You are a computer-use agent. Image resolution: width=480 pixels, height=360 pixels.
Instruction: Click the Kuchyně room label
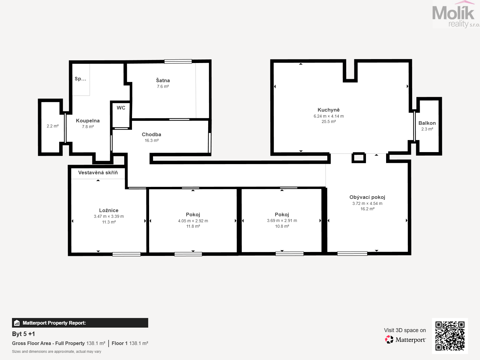coord(328,110)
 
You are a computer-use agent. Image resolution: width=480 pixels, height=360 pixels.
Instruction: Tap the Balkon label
coord(427,123)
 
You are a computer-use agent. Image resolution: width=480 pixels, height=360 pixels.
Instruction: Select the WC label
coord(121,108)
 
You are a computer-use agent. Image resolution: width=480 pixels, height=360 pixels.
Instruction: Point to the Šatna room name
coord(163,80)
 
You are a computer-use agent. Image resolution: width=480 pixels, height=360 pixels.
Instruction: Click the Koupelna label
coord(88,121)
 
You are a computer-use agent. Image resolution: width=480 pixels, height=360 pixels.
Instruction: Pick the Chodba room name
coord(151,134)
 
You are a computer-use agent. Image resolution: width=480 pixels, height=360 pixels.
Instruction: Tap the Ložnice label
coord(109,210)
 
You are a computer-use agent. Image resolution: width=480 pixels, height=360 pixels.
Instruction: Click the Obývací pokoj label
coord(367,197)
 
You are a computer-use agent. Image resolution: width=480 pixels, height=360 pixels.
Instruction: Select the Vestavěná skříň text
coord(98,172)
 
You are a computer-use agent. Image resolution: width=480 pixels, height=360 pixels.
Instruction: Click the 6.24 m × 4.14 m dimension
coord(328,116)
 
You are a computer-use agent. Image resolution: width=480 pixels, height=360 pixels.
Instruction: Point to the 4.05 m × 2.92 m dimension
coord(193,221)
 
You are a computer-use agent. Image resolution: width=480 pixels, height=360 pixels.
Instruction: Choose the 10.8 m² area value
coord(282,226)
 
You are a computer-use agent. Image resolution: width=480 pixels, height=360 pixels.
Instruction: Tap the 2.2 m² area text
coord(52,126)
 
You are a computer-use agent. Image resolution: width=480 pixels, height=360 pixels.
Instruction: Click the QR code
coord(450,336)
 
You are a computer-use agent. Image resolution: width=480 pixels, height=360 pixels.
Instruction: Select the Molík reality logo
coord(456,14)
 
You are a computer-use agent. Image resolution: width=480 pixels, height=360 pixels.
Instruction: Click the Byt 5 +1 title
coord(23,334)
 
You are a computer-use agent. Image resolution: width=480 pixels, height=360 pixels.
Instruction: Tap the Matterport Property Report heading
coord(54,323)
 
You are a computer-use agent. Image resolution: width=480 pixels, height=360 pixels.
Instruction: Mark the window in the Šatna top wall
coord(178,61)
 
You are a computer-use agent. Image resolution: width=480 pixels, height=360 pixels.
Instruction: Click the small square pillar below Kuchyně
coord(358,158)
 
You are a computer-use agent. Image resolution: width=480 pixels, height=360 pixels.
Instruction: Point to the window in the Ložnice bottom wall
coord(126,254)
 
